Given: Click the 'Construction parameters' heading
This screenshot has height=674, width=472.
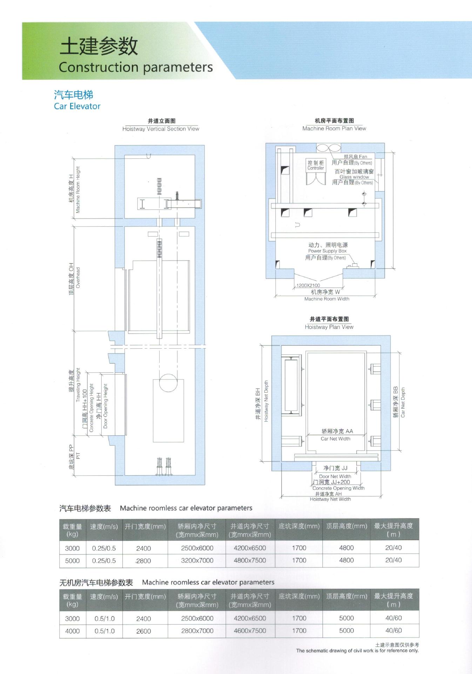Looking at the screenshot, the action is coord(136,67).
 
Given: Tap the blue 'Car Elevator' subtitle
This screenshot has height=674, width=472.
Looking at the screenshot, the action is coord(77,106).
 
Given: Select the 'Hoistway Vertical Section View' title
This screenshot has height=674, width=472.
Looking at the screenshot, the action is coord(161,129).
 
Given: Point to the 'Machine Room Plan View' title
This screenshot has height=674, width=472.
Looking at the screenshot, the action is coord(334,128).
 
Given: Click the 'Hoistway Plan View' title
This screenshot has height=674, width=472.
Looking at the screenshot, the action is coord(329,327).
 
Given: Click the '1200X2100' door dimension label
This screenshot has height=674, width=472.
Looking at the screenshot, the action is coord(308,285).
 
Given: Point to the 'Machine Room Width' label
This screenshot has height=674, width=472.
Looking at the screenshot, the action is coord(326,299).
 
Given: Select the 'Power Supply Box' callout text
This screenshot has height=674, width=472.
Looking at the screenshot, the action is coord(327,251).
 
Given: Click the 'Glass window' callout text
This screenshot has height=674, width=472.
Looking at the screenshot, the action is coord(354,177).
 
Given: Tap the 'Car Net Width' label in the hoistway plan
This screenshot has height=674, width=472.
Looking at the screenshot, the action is coord(335,438).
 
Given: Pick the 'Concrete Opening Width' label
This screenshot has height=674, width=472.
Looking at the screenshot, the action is coord(338,488).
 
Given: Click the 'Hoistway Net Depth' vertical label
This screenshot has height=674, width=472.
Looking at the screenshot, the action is coord(266,401).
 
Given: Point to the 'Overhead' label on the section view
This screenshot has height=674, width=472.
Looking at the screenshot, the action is coord(78,278).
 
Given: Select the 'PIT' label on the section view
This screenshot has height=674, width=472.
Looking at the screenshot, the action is coord(78,456).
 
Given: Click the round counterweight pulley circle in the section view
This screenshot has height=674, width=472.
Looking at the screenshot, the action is coord(168,383).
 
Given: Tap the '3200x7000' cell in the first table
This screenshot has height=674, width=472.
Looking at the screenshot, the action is coord(197,561).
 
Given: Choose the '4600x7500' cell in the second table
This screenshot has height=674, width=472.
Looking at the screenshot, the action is coord(250,631).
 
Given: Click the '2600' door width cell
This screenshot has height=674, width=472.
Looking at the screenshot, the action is coord(143,631).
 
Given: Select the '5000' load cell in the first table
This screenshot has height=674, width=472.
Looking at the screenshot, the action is coord(72,561).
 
